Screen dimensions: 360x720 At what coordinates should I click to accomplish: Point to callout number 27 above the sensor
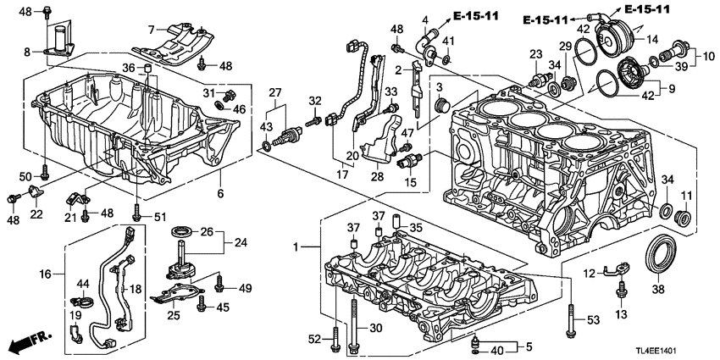coord(274,92)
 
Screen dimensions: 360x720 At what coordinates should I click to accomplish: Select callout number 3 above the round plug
coord(440,86)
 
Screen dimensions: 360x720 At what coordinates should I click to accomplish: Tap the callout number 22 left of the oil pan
coord(36,216)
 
